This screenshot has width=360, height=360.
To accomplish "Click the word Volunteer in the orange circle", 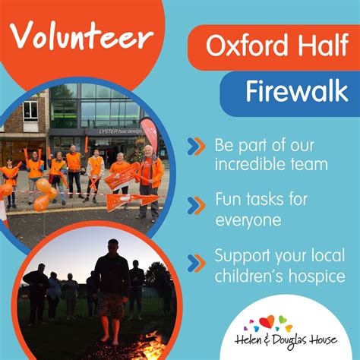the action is coord(81,36).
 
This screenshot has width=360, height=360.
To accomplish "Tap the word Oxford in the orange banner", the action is coord(247,46).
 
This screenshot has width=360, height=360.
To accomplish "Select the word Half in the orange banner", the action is coord(324,45).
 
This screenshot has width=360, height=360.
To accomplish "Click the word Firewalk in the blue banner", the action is coord(297,91).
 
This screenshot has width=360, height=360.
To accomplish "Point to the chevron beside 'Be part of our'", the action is coord(196,147).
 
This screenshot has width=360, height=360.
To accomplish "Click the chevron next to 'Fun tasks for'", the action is coord(196,205).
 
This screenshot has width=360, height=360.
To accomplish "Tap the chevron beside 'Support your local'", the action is coord(196,264).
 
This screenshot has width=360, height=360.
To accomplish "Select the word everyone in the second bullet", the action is coord(248,220).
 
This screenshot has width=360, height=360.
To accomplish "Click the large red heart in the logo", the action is coord(267,321).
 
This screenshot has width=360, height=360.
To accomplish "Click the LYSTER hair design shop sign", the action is coord(120,131).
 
